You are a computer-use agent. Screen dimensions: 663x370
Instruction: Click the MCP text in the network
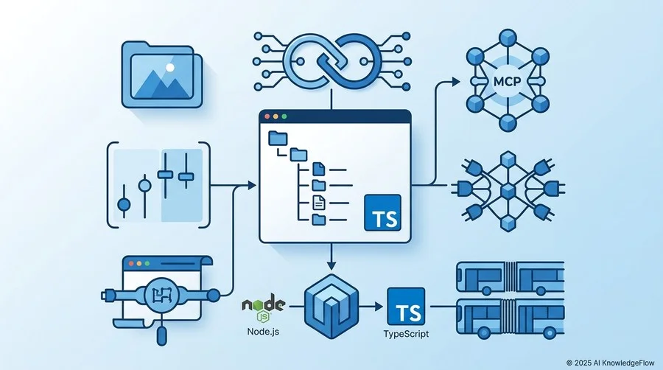click(507, 81)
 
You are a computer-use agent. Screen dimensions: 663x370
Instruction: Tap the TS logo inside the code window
click(382, 213)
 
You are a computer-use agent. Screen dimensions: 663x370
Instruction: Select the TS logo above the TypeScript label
click(406, 307)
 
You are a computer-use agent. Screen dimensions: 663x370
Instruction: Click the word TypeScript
click(406, 334)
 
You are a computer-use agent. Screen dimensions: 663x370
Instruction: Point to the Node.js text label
click(263, 331)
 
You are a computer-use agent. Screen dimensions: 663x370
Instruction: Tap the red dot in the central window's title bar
click(267, 116)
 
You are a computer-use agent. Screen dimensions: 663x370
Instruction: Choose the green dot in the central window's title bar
click(284, 116)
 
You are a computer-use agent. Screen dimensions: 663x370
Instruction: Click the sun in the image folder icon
click(170, 67)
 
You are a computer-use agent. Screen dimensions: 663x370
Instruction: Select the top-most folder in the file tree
click(278, 139)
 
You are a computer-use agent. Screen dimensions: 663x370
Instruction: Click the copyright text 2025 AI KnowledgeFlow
click(610, 363)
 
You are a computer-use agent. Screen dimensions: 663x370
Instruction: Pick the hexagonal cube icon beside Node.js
click(331, 306)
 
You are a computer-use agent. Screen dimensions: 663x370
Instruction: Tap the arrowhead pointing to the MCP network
click(456, 82)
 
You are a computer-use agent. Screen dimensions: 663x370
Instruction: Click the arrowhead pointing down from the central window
click(331, 265)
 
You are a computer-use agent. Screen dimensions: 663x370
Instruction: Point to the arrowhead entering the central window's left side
click(252, 185)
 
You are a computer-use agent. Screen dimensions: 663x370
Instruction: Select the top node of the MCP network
click(508, 37)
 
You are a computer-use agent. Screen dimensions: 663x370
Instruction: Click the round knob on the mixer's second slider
click(144, 185)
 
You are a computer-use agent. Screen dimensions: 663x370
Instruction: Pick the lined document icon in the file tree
click(319, 203)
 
